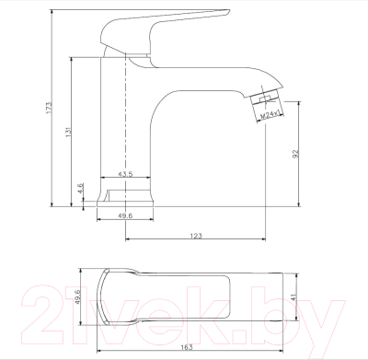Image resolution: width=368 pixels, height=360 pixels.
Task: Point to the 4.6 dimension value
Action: tap(82, 190)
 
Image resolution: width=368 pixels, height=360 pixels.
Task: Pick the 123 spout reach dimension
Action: tap(195, 237)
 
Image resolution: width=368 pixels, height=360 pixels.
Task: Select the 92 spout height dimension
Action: tap(297, 156)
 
